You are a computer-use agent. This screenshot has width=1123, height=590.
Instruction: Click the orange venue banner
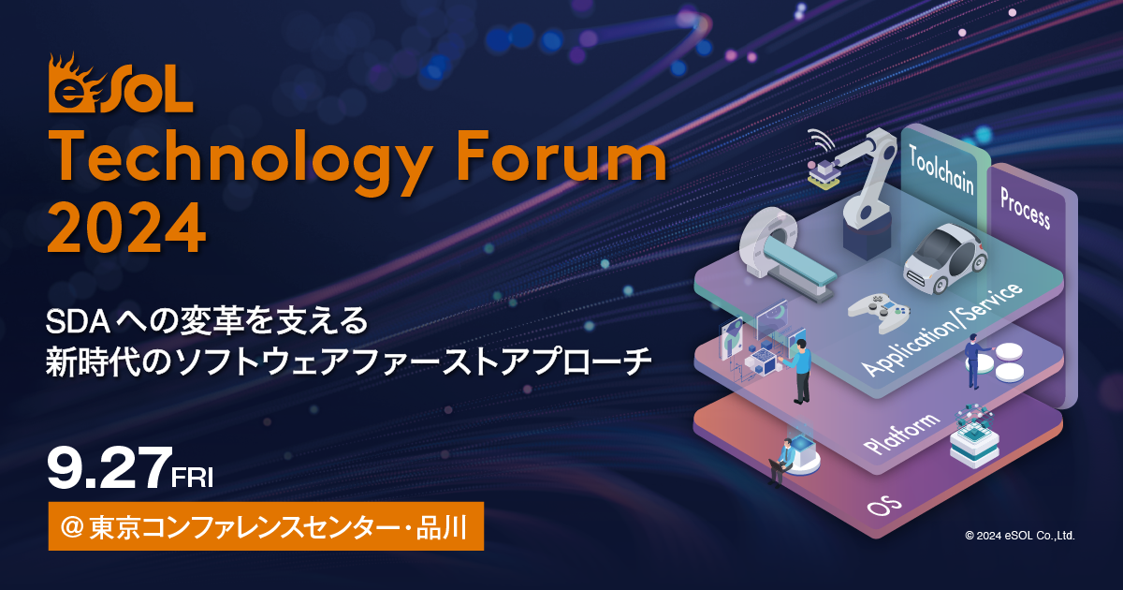[x=266, y=527]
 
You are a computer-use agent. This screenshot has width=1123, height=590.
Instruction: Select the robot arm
[x=866, y=183]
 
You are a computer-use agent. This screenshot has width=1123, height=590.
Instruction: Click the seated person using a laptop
[x=781, y=459]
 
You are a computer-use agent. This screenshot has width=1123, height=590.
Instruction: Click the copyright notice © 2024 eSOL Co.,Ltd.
[x=1019, y=536]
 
